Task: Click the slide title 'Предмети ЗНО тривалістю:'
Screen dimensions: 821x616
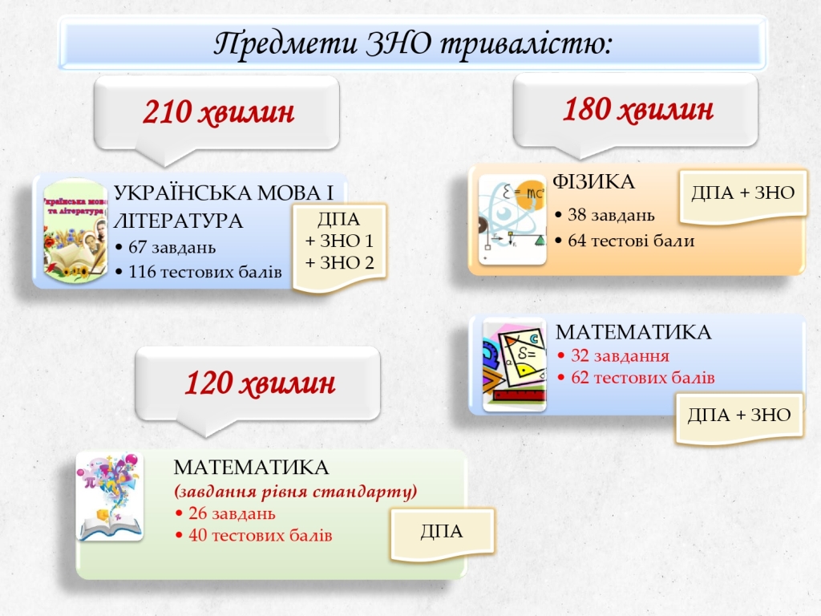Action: pos(413,43)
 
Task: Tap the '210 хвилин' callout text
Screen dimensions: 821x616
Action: pos(218,112)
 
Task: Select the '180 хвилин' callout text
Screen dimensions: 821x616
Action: pos(637,109)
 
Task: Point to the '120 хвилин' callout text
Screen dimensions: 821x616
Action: pos(260,383)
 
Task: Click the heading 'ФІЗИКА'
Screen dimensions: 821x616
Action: pos(594,182)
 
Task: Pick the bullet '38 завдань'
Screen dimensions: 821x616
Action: pos(605,215)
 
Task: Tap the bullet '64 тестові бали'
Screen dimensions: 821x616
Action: pos(625,241)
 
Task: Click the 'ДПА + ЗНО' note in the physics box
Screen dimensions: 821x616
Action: pos(743,193)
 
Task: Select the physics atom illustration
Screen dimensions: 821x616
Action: pos(512,220)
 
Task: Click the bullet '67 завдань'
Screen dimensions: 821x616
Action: pos(165,247)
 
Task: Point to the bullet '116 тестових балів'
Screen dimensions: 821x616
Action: pos(199,272)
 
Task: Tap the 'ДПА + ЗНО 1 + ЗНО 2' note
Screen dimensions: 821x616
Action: pos(340,241)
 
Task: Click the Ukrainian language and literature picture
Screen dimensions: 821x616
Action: pos(75,230)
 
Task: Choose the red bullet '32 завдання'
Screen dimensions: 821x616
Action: pos(613,355)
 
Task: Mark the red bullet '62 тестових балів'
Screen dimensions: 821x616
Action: pos(636,378)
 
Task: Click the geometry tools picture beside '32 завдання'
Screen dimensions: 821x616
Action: pos(514,364)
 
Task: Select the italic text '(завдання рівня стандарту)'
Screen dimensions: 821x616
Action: pos(295,492)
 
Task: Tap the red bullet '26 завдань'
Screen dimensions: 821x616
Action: pos(225,513)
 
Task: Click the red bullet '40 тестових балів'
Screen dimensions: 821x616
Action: pos(254,535)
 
